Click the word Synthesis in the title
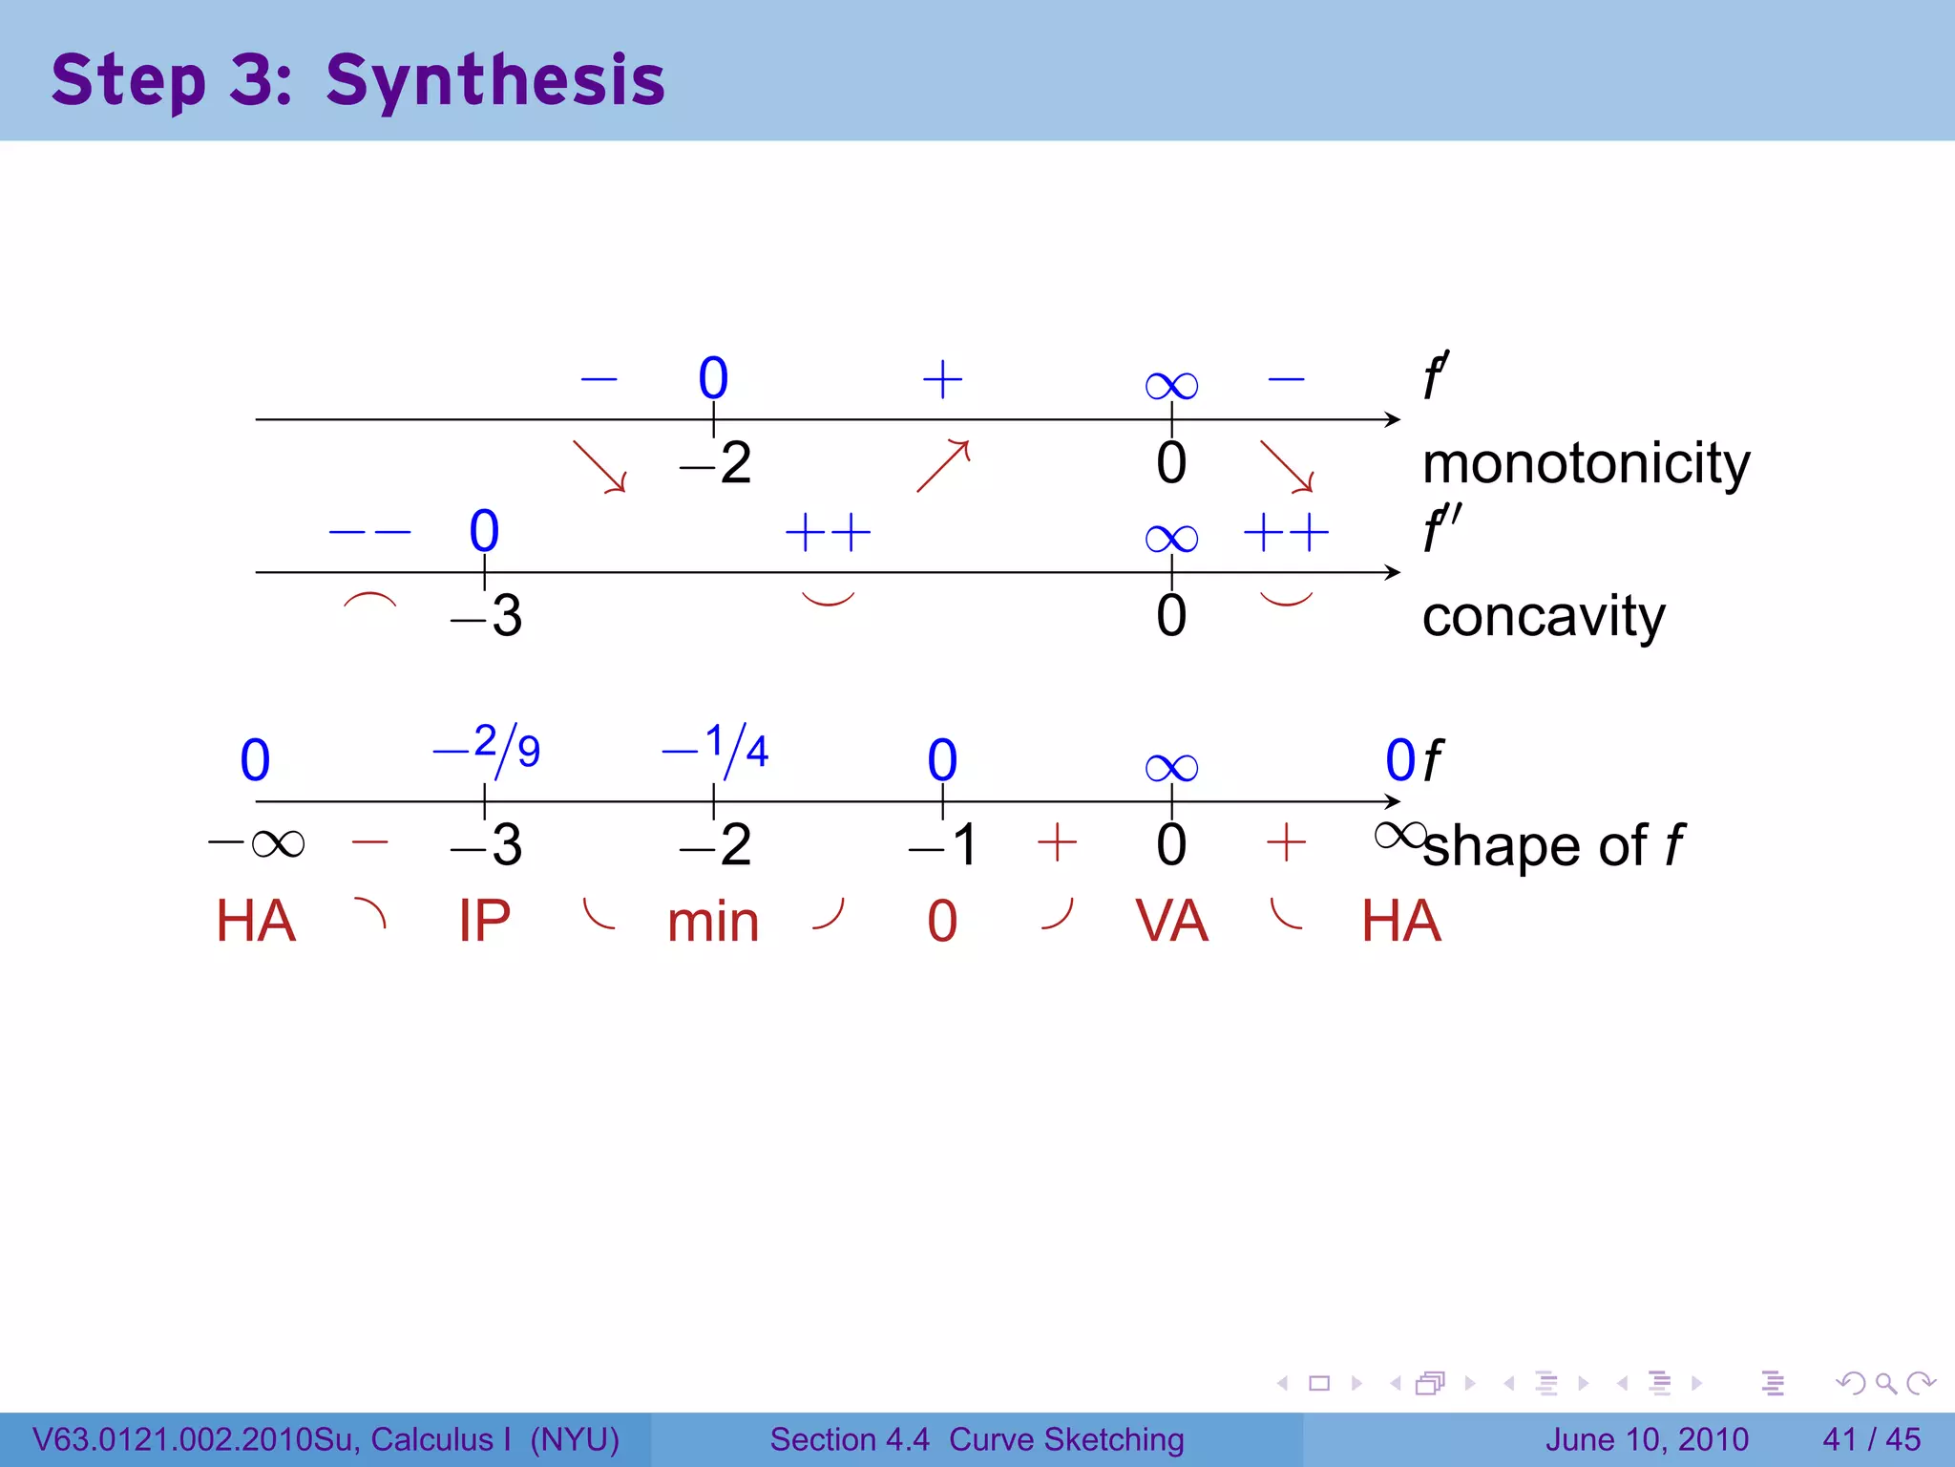(494, 80)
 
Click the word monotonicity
(1586, 464)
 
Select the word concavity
(1543, 616)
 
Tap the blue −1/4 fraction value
(716, 749)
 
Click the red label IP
(484, 922)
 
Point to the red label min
(713, 924)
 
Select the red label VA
(1171, 922)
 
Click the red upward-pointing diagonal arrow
(943, 465)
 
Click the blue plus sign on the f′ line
(942, 379)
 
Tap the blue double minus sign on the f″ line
(369, 532)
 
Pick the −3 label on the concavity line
(487, 616)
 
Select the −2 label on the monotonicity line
(716, 464)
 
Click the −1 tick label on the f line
(944, 845)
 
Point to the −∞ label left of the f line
(256, 843)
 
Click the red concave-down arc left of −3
(369, 601)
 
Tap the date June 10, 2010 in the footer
(1647, 1439)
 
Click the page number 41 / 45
(1871, 1439)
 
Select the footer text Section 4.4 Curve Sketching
(977, 1439)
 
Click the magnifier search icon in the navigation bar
(1885, 1383)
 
